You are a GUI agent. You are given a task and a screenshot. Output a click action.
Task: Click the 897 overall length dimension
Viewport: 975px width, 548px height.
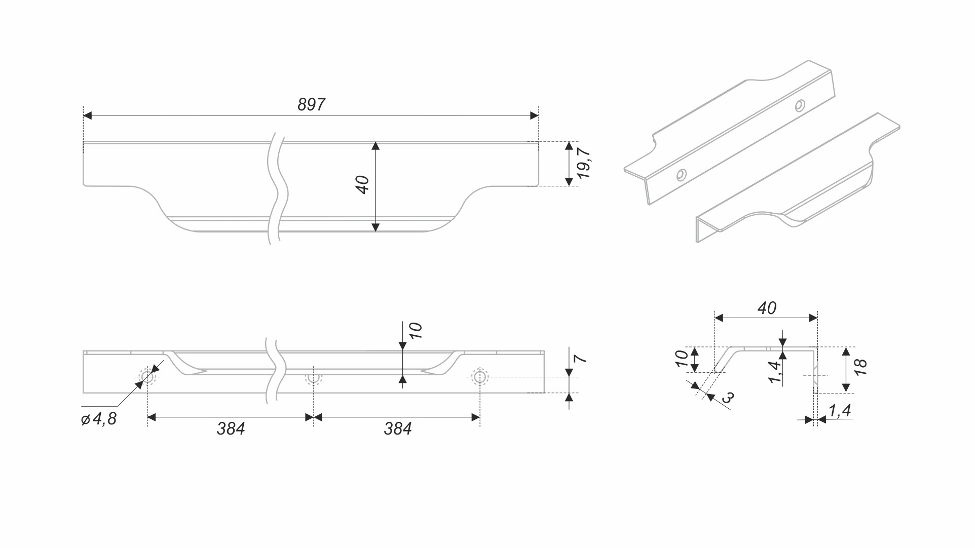click(x=311, y=104)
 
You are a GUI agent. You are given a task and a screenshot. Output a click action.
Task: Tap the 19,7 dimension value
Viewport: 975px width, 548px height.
click(x=584, y=163)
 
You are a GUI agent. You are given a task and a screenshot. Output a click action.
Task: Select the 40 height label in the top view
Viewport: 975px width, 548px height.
click(x=363, y=184)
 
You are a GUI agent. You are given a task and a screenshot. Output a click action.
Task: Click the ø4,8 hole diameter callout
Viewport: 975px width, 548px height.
click(x=99, y=419)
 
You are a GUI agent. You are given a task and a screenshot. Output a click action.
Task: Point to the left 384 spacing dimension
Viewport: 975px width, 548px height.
click(x=231, y=429)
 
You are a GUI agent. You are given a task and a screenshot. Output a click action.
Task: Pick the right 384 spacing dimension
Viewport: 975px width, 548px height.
click(x=397, y=429)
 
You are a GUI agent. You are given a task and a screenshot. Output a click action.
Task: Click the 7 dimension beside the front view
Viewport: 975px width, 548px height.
click(x=581, y=359)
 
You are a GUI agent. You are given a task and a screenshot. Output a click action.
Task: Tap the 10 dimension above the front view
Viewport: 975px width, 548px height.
click(x=415, y=331)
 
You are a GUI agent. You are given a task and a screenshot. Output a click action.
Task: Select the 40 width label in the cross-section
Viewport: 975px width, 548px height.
click(x=766, y=308)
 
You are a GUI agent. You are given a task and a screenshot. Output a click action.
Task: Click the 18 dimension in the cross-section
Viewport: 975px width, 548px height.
click(x=860, y=367)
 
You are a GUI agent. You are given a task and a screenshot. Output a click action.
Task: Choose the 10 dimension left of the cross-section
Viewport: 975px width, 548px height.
click(x=682, y=359)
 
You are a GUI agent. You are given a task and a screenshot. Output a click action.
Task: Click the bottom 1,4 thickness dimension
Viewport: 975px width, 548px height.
click(x=840, y=410)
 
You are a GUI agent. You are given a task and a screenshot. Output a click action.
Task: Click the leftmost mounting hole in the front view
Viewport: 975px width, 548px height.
click(x=147, y=376)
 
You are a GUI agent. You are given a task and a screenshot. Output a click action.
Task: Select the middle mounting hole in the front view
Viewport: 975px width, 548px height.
click(x=314, y=378)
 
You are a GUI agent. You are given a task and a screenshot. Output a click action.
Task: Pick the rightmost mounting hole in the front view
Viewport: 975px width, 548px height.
click(x=479, y=377)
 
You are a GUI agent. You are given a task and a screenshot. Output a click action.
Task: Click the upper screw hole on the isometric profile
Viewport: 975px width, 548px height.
click(x=799, y=105)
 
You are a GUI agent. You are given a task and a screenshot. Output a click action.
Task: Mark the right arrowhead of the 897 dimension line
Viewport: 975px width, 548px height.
click(x=534, y=115)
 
